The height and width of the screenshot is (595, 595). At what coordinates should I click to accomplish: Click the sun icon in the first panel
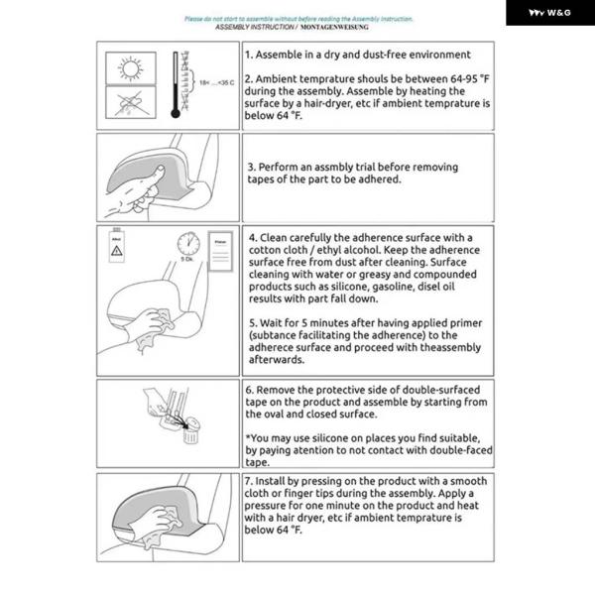coord(129,67)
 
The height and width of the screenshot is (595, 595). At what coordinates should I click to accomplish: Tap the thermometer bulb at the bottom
coord(176,112)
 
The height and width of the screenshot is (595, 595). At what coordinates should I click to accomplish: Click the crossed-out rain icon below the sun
coord(129,102)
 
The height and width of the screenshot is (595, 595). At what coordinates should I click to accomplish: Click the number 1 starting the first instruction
coord(248,56)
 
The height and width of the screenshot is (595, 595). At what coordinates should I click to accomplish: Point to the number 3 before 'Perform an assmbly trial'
coord(250,167)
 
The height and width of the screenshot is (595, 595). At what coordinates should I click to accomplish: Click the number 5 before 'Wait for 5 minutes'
coord(250,323)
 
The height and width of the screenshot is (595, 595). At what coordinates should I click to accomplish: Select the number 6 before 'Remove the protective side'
coord(249,390)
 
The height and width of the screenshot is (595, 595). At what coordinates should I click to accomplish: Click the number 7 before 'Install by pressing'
coord(248,481)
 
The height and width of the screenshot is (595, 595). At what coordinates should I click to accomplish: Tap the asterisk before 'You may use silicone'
coord(247,437)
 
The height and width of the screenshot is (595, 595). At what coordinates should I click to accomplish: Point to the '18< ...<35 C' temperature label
coord(217,83)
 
